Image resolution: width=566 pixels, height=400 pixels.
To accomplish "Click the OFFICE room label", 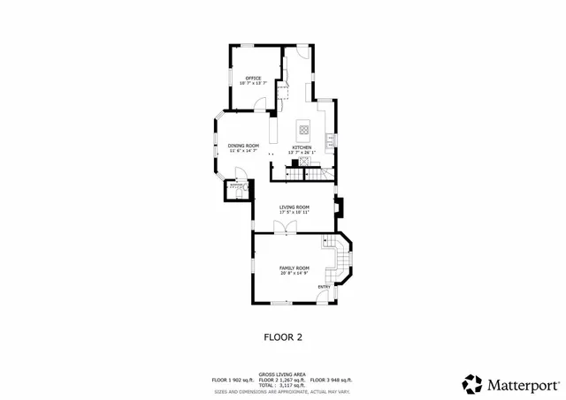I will tap(253, 78).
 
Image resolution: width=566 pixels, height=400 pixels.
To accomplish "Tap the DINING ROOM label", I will tap(243, 146).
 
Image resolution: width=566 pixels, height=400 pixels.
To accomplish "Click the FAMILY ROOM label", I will tap(294, 268).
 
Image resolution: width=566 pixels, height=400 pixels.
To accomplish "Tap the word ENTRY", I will tap(325, 286).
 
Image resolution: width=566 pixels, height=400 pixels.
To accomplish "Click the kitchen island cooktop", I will tap(302, 129).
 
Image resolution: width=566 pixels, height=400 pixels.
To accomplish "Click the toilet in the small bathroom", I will tap(236, 187).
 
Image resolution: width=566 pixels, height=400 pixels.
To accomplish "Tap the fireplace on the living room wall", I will tap(340, 207).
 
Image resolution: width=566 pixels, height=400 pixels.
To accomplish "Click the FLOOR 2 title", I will tap(283, 336).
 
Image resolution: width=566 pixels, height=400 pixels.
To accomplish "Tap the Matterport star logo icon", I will tap(472, 384).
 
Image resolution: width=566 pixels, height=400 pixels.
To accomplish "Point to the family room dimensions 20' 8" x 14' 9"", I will tap(294, 273).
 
